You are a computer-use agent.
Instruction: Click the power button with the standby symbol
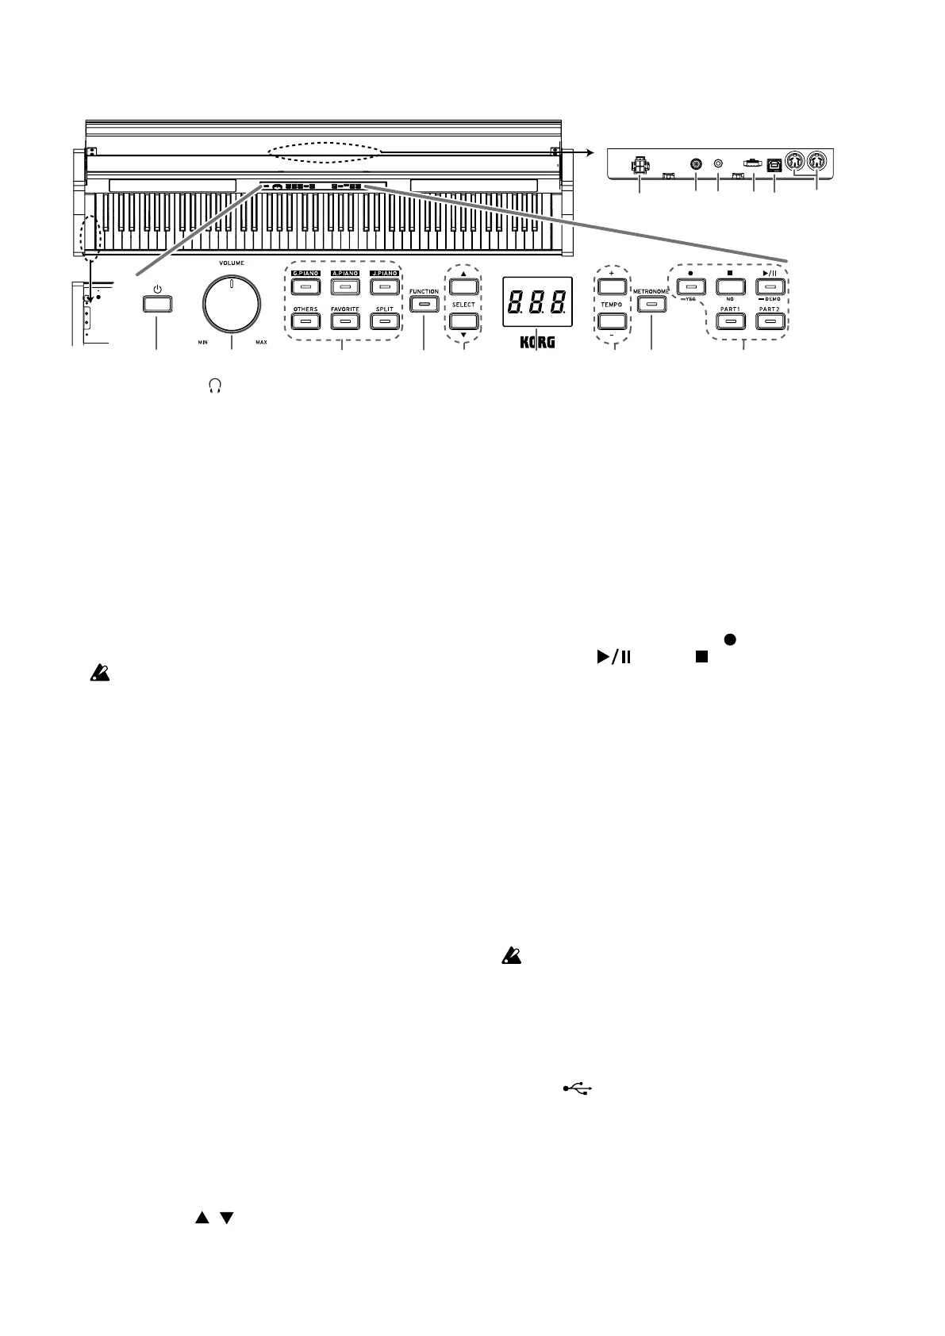(x=157, y=305)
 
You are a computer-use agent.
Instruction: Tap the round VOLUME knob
(x=232, y=305)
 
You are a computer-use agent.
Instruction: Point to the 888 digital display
(x=537, y=301)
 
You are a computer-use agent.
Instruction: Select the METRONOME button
(x=652, y=304)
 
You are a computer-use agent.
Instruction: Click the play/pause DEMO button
(x=770, y=286)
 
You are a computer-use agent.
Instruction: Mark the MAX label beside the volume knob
(x=261, y=344)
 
